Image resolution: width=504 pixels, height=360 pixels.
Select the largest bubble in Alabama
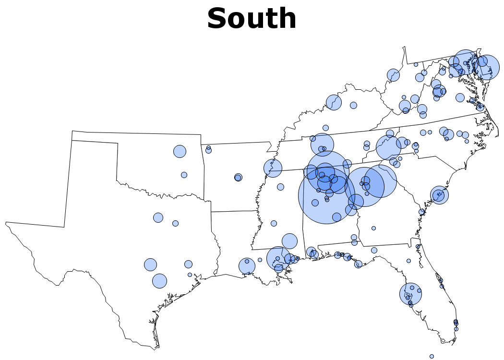327,195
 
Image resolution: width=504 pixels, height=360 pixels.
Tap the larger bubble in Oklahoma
180,151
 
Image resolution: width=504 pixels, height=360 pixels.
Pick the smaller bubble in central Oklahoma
184,175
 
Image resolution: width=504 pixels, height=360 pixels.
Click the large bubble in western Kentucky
334,102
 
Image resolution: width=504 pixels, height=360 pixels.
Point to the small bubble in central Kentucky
353,105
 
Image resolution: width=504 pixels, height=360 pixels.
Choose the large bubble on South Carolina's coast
439,195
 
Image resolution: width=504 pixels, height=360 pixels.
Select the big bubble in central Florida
410,294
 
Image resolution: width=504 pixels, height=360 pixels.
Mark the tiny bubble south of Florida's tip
432,356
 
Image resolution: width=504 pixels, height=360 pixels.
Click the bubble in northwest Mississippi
273,168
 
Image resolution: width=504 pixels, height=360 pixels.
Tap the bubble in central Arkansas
238,178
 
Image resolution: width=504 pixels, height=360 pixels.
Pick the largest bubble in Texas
159,281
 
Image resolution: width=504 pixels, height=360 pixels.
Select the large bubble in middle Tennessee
322,144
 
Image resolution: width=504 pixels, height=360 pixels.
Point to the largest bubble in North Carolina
388,147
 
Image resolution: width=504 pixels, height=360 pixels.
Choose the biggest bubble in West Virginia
393,75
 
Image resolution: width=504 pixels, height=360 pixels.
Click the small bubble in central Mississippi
274,223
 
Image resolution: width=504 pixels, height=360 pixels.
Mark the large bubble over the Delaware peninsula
487,68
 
